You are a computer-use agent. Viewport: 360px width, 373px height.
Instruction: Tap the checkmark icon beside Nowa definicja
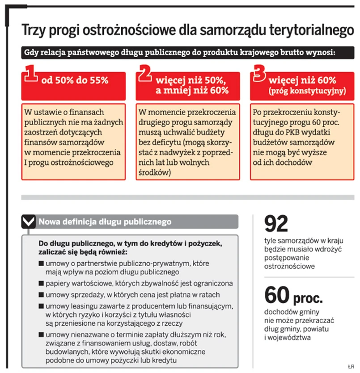[x=28, y=221]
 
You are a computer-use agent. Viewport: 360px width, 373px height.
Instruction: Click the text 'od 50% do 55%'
[x=75, y=81]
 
